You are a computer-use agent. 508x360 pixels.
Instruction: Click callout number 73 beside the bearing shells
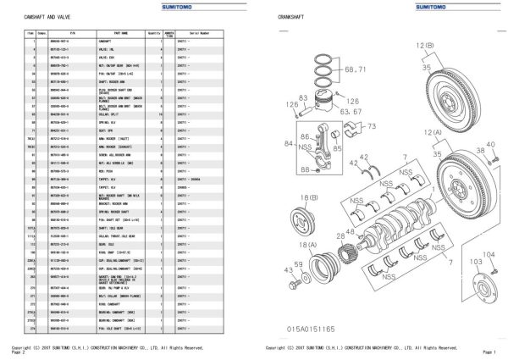372,126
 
